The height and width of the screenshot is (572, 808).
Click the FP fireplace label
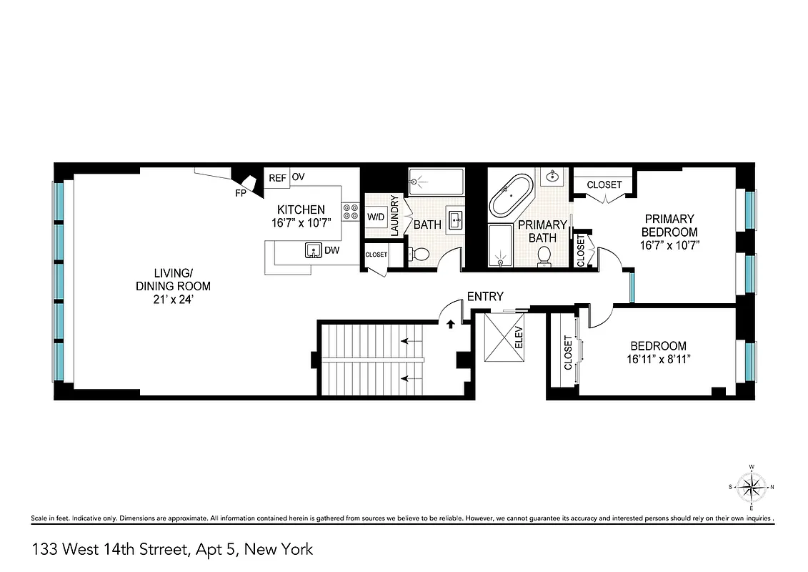click(240, 193)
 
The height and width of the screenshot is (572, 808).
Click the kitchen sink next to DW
click(313, 250)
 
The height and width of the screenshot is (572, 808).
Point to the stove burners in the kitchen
click(351, 212)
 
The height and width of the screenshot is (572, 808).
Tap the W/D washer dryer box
click(376, 216)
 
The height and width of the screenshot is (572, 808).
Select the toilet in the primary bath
click(547, 255)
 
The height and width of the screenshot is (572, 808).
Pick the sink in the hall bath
click(455, 220)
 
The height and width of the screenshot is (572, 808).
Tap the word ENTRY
click(485, 296)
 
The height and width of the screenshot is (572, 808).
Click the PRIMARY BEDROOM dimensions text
click(669, 245)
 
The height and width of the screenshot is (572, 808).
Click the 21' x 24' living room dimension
click(173, 299)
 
